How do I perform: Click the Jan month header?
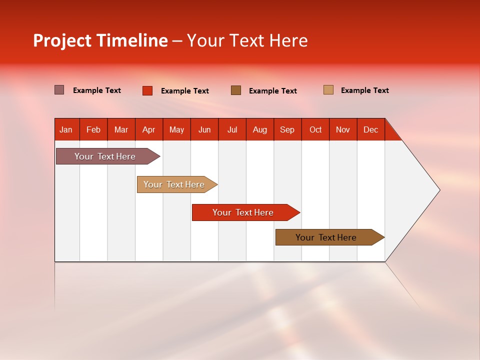tap(66, 129)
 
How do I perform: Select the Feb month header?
tap(93, 129)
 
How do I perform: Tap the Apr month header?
tap(149, 129)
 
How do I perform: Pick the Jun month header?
tap(204, 129)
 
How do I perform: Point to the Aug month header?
tap(260, 129)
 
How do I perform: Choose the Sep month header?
tap(287, 129)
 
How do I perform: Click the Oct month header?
tap(315, 129)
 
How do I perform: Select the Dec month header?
tap(371, 129)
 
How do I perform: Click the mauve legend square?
tap(59, 90)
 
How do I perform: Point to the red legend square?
tap(147, 90)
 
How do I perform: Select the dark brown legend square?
tap(236, 90)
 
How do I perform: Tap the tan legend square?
tap(328, 90)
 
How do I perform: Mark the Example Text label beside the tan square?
tap(364, 90)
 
